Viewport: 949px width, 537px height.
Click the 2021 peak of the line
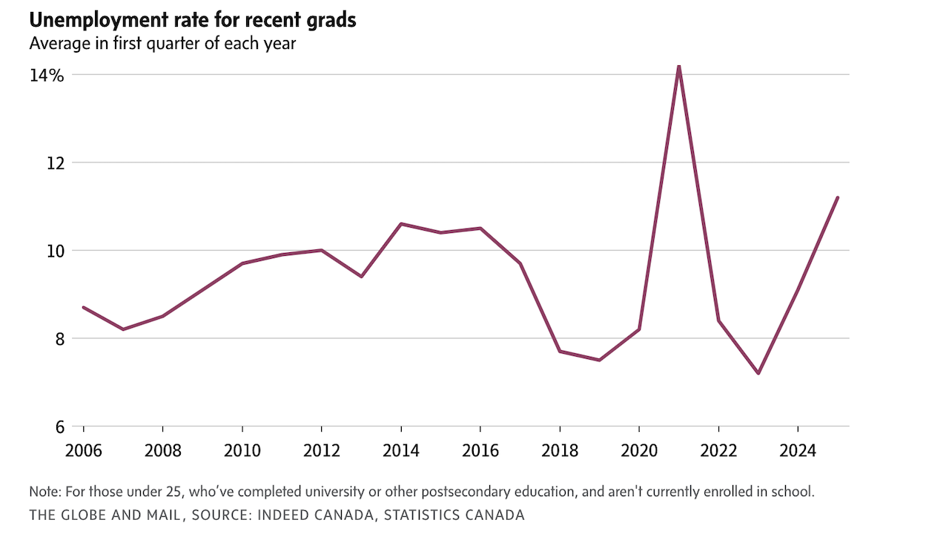(x=678, y=67)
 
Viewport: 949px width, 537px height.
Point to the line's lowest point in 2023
(x=758, y=373)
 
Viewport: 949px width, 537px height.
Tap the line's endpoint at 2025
(x=837, y=197)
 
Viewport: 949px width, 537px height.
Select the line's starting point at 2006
(x=83, y=307)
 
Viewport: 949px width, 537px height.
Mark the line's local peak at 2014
(x=400, y=223)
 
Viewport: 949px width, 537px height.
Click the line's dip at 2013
(x=361, y=276)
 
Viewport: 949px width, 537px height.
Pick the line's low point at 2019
(x=599, y=360)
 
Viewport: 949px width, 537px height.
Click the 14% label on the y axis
(x=47, y=76)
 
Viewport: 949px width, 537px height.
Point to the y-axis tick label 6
(x=59, y=427)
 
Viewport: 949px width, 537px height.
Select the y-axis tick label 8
(x=59, y=339)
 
